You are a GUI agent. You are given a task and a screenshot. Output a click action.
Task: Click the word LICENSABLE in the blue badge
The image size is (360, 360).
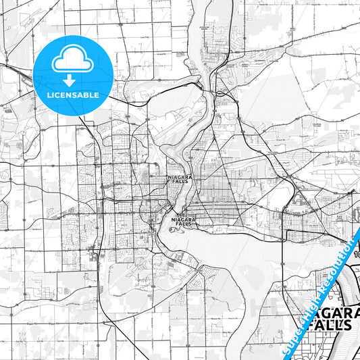[72, 94]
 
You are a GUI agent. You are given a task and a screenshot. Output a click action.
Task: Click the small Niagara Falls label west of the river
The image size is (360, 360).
[178, 178]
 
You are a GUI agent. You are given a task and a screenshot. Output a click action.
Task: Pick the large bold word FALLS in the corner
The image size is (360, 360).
[326, 324]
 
